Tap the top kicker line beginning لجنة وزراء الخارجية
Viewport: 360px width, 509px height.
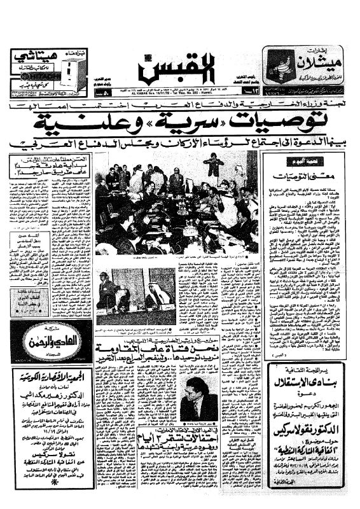pos(180,103)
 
